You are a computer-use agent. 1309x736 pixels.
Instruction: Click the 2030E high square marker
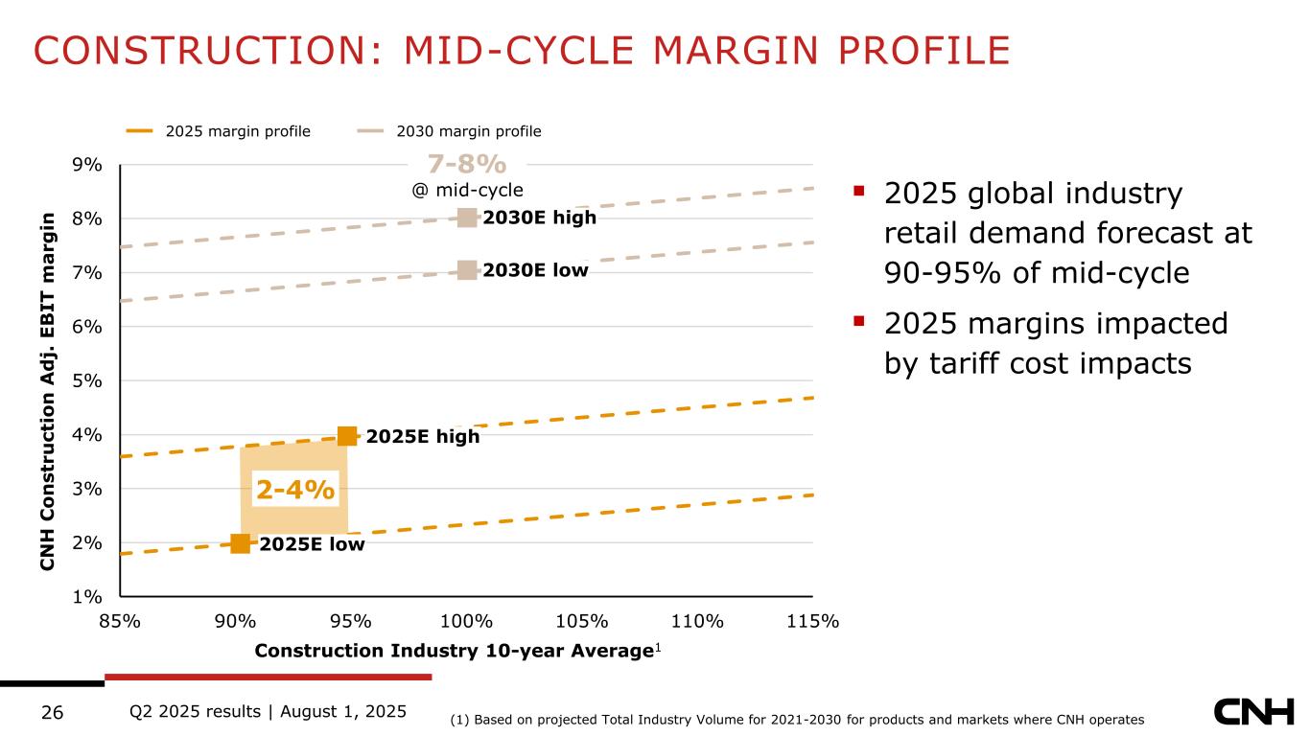tap(467, 218)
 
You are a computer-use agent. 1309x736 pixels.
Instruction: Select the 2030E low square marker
tap(467, 270)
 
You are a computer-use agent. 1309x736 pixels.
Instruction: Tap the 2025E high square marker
tap(347, 436)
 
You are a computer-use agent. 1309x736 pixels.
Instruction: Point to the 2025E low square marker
tap(240, 543)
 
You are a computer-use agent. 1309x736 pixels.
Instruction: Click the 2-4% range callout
tap(295, 490)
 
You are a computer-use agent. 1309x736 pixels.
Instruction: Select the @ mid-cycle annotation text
tap(467, 190)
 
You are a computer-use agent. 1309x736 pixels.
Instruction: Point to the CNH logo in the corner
tap(1253, 712)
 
